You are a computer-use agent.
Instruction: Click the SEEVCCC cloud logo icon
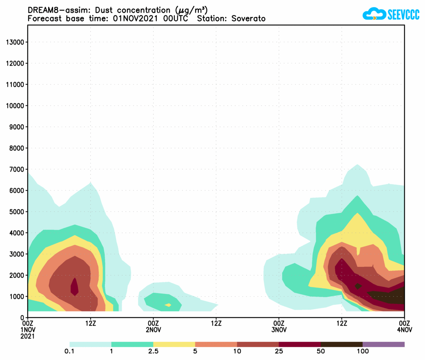374,15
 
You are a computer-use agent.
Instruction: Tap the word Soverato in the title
248,18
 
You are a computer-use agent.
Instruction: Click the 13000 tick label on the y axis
15,42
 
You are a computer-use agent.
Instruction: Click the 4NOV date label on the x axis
404,329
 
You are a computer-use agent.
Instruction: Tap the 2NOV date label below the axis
153,329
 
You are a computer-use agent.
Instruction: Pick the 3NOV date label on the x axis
279,329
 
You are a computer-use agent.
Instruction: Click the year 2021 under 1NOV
28,336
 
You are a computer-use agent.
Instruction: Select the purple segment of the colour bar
383,344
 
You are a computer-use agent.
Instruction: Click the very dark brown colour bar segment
341,344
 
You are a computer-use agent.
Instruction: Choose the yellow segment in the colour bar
174,344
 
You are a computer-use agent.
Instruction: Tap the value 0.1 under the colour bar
70,351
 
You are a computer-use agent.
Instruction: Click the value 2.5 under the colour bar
153,351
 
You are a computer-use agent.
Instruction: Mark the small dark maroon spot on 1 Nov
75,286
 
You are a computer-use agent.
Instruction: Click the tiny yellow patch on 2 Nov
168,305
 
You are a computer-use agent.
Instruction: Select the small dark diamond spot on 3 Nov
358,286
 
